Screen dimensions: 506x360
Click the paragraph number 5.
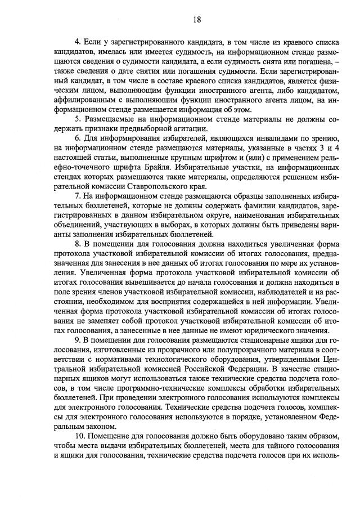click(x=78, y=119)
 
